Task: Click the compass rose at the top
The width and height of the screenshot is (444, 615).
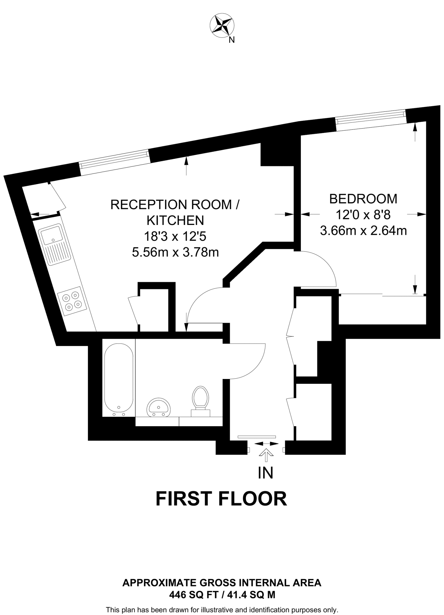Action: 222,26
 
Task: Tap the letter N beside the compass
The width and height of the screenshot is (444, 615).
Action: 231,40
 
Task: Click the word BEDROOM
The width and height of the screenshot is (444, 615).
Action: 363,199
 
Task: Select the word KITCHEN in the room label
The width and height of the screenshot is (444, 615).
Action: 175,220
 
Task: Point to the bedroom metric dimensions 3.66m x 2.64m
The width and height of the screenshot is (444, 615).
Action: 363,231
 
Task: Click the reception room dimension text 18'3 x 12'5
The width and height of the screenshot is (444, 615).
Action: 175,237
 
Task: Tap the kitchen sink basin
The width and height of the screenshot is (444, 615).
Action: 52,235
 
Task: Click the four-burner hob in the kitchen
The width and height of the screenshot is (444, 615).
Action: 72,301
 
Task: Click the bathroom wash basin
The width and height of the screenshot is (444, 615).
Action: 159,407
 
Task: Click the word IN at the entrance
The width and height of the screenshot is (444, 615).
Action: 266,473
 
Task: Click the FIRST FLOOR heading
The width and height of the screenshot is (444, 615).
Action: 221,499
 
